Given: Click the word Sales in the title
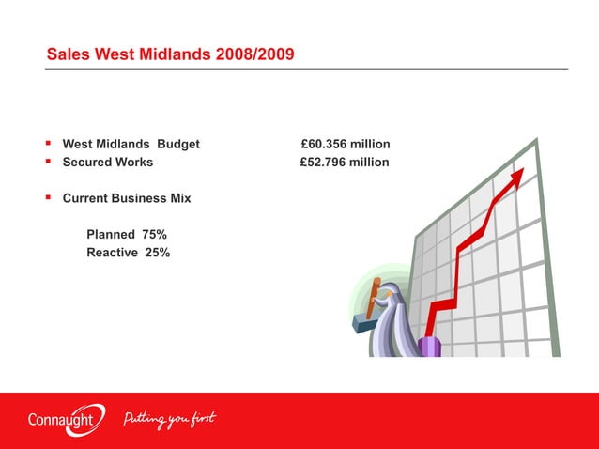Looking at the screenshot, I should coord(68,56).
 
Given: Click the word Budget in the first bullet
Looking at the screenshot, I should coord(178,144).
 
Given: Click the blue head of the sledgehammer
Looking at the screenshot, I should coord(362,322).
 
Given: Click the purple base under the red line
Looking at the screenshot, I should coord(430,347).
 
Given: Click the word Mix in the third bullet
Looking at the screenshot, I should coord(179,198).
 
